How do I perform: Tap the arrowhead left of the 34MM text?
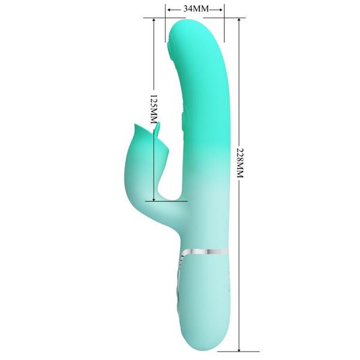click(167, 9)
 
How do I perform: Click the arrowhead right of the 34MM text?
click(221, 9)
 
